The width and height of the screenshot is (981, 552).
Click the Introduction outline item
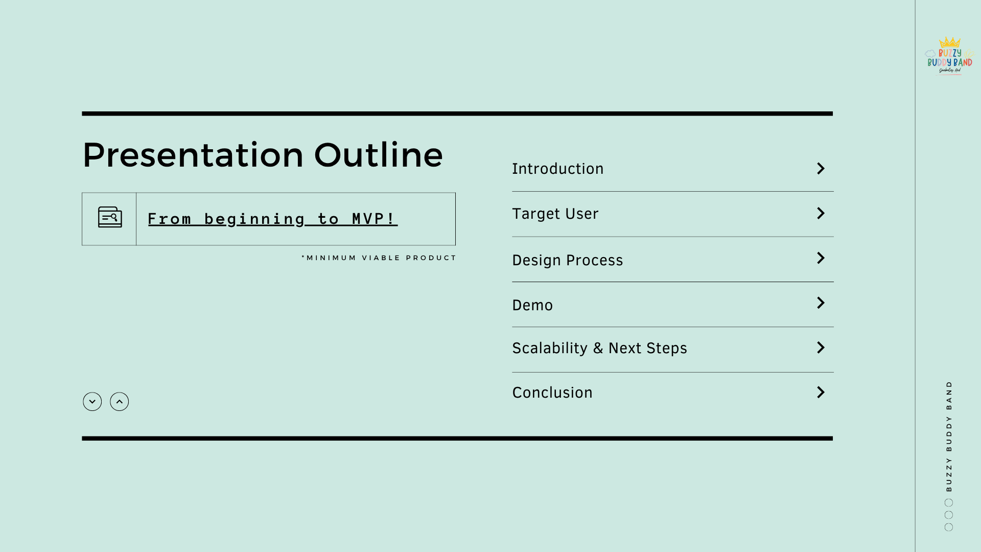click(557, 169)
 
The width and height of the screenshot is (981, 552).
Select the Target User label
click(555, 214)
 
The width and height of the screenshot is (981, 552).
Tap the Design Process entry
click(567, 260)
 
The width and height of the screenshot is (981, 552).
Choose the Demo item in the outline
click(532, 305)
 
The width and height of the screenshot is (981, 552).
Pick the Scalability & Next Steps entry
click(599, 348)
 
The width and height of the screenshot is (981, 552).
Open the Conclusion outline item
click(552, 393)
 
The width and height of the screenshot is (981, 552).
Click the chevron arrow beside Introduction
click(821, 169)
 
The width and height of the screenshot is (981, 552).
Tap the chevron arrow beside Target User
click(821, 213)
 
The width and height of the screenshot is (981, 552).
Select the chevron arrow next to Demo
click(821, 303)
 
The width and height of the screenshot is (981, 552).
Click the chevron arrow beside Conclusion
click(821, 392)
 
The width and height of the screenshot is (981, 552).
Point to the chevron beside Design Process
click(821, 258)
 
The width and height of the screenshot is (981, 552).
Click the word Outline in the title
click(378, 155)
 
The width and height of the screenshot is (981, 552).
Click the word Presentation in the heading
click(193, 155)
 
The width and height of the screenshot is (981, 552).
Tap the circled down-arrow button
click(92, 402)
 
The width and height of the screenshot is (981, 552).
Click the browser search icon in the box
click(110, 217)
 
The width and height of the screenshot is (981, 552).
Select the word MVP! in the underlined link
click(374, 219)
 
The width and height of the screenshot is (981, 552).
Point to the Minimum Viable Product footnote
click(379, 258)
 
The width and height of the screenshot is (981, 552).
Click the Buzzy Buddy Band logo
click(949, 57)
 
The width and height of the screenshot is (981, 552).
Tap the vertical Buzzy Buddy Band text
click(949, 436)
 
